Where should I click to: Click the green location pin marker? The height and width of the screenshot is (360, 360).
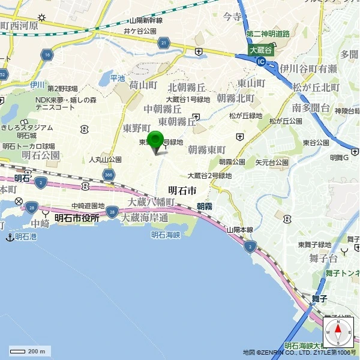tap(156, 140)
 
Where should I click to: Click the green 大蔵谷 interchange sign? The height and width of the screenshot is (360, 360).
tap(261, 50)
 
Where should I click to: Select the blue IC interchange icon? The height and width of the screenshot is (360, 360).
tap(260, 61)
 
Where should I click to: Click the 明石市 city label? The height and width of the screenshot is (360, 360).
tap(182, 190)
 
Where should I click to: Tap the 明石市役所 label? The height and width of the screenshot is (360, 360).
tap(77, 218)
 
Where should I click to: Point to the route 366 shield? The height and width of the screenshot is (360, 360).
tap(108, 175)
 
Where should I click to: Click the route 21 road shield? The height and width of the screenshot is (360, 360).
tap(163, 43)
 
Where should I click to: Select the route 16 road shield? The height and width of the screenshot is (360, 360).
tap(47, 55)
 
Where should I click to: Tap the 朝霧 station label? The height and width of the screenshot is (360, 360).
tap(205, 206)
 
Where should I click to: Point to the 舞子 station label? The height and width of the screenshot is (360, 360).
tap(319, 298)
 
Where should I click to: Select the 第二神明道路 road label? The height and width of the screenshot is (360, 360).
tap(268, 34)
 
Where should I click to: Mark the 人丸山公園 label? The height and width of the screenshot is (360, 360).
tap(105, 160)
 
